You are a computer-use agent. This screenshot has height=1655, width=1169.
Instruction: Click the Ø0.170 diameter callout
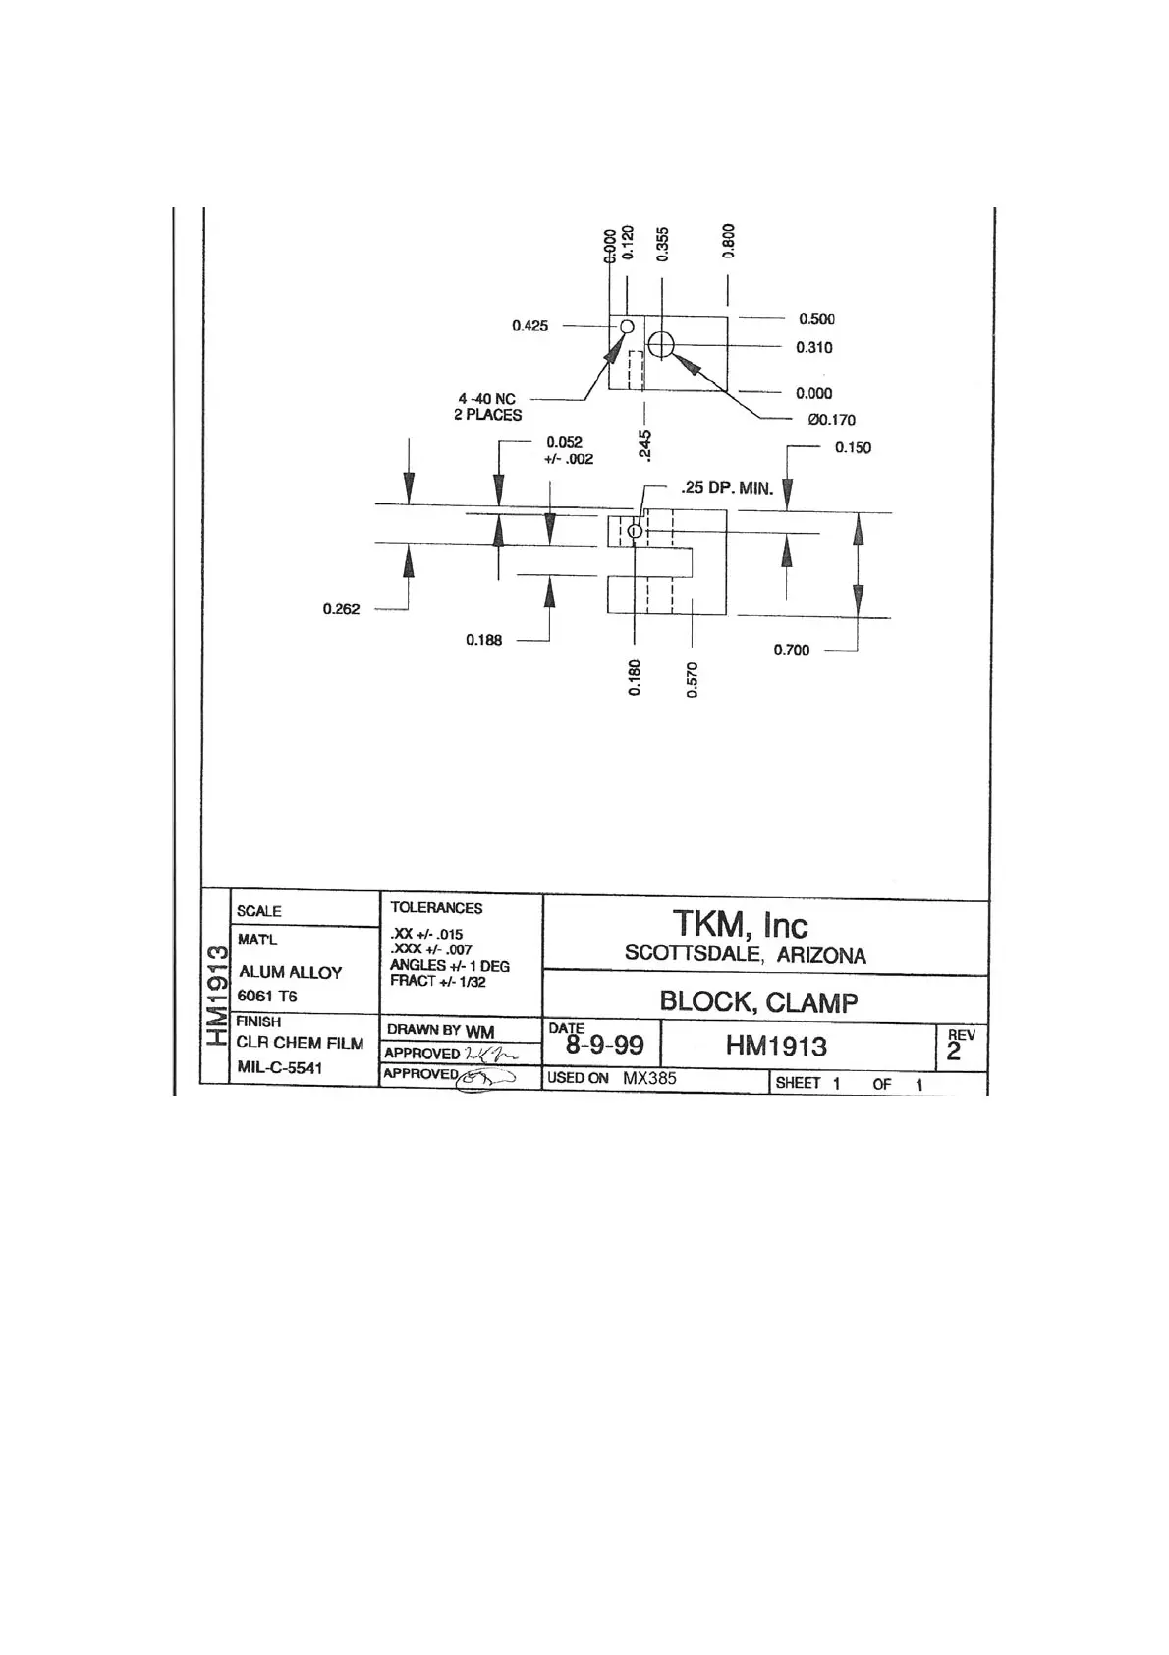tap(831, 420)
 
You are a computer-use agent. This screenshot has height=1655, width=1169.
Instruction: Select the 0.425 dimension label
tap(529, 326)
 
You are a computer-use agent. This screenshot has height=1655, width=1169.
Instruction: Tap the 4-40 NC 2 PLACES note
tap(487, 407)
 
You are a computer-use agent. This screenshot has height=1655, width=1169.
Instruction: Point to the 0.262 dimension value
tap(341, 609)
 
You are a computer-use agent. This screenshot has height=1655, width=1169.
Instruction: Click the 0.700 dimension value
tap(792, 650)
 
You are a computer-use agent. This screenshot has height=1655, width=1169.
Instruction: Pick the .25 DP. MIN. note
tap(727, 488)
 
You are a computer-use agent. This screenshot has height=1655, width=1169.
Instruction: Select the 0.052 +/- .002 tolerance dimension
tap(569, 451)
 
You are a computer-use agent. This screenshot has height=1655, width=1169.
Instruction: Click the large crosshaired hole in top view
tap(661, 344)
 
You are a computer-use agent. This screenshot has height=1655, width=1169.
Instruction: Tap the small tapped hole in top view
tap(627, 326)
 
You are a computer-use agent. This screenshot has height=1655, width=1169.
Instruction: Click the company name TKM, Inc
tap(740, 925)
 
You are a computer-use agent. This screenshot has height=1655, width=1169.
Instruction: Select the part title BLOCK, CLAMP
tap(758, 1002)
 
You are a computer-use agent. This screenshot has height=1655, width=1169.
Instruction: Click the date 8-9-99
tap(605, 1046)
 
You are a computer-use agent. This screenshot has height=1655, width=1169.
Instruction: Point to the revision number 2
tap(953, 1053)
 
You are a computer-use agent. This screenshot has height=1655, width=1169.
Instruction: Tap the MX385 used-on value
tap(649, 1078)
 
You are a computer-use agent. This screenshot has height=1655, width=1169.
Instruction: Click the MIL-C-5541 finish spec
tap(279, 1068)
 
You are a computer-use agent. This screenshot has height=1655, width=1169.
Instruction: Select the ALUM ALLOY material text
tap(290, 972)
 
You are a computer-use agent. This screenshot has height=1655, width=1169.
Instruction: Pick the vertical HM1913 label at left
tap(217, 995)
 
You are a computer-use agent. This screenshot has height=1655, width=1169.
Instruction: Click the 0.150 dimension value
tap(853, 448)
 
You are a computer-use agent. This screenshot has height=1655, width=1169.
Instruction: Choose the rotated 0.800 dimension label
tap(728, 241)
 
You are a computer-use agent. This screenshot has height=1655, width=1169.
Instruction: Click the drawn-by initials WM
tap(479, 1031)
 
